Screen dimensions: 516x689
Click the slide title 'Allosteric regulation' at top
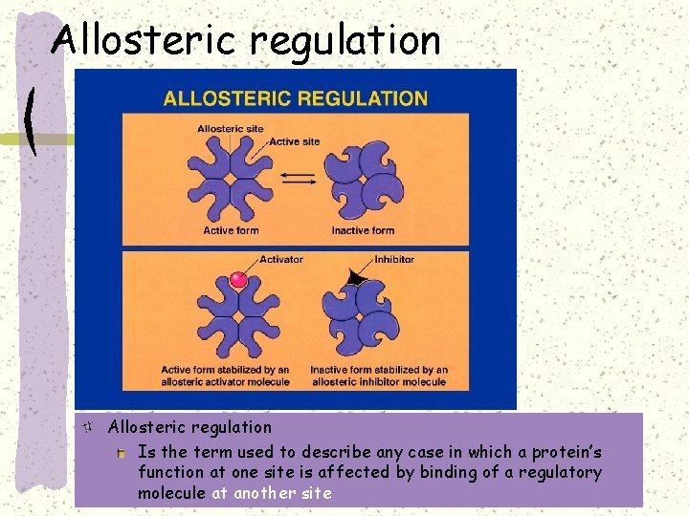pos(246,40)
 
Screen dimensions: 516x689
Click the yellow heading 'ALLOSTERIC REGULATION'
pos(296,97)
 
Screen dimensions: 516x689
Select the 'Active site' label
pos(295,141)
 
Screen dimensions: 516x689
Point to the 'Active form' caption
pos(231,230)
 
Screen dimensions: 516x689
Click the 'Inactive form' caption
pos(363,230)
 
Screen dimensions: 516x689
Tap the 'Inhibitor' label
pos(394,259)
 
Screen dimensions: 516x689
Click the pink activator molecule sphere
pos(239,281)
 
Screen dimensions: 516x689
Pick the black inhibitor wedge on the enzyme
pos(355,278)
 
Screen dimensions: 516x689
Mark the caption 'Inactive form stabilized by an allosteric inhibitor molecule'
pos(378,376)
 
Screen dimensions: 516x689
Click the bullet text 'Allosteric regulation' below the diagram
pos(189,427)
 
